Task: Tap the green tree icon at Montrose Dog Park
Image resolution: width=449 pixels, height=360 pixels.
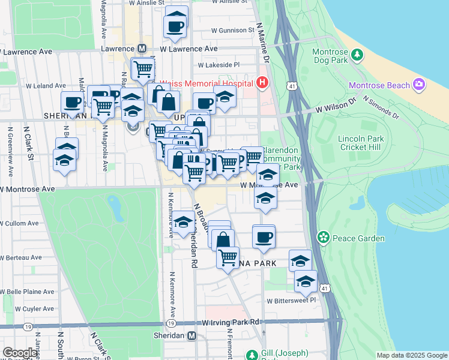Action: click(x=358, y=56)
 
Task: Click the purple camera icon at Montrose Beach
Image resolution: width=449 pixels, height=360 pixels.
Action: click(x=419, y=86)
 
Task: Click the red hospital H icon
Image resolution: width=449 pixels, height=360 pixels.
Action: click(x=262, y=83)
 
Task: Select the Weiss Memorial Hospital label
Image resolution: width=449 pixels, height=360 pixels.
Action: click(x=206, y=83)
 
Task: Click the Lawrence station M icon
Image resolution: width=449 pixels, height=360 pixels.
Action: click(x=142, y=48)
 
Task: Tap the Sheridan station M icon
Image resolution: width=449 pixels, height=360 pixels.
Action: click(x=192, y=336)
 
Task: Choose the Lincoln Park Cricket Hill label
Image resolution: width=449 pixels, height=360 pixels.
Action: click(x=360, y=143)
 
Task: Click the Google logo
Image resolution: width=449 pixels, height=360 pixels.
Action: click(x=20, y=353)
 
